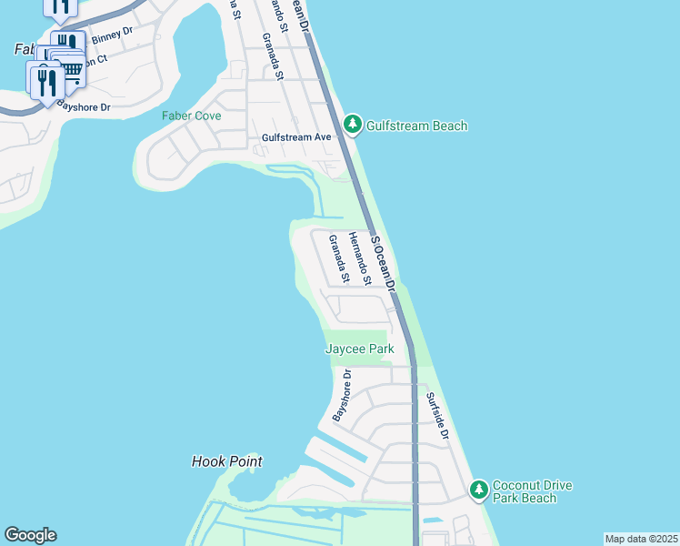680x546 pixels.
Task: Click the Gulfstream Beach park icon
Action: [353, 126]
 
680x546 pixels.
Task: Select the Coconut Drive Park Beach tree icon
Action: [479, 491]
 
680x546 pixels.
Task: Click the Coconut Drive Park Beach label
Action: [532, 491]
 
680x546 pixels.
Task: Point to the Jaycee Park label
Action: [359, 349]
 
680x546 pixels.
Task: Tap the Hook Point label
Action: [227, 461]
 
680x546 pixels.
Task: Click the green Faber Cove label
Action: [191, 116]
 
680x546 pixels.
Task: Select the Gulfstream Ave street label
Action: [296, 137]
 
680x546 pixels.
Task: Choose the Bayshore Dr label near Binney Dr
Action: [84, 106]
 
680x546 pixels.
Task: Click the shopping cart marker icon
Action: [70, 69]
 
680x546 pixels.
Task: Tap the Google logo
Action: [30, 535]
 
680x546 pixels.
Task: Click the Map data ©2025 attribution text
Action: [641, 539]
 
